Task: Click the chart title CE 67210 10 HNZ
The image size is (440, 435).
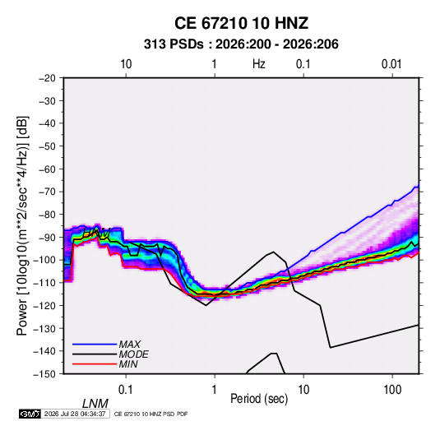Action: click(x=241, y=23)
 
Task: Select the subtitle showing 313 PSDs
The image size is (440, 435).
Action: click(x=241, y=44)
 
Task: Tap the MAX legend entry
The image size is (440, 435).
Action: click(x=129, y=344)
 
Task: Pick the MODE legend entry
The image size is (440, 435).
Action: click(x=133, y=354)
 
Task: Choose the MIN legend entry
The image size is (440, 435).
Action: click(x=128, y=364)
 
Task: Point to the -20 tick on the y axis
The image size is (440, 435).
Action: click(x=47, y=78)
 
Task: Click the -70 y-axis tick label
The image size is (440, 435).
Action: click(x=47, y=192)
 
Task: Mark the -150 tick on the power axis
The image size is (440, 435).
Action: click(x=45, y=374)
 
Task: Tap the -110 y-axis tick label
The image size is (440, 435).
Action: click(x=45, y=283)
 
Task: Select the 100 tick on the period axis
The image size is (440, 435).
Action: click(x=392, y=390)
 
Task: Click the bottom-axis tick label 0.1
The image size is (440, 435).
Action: click(x=126, y=390)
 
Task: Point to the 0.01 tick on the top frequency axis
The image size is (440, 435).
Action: click(x=391, y=64)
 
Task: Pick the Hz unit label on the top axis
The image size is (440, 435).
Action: click(x=259, y=64)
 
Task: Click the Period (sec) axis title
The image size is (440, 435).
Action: click(x=259, y=399)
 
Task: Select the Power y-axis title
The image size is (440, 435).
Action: click(x=22, y=225)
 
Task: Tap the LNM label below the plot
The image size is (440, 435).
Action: click(x=95, y=404)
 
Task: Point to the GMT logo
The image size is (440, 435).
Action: click(x=30, y=414)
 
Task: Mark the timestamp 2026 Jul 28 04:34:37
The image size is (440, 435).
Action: click(x=75, y=414)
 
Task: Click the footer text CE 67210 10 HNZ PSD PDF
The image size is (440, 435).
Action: click(x=151, y=414)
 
